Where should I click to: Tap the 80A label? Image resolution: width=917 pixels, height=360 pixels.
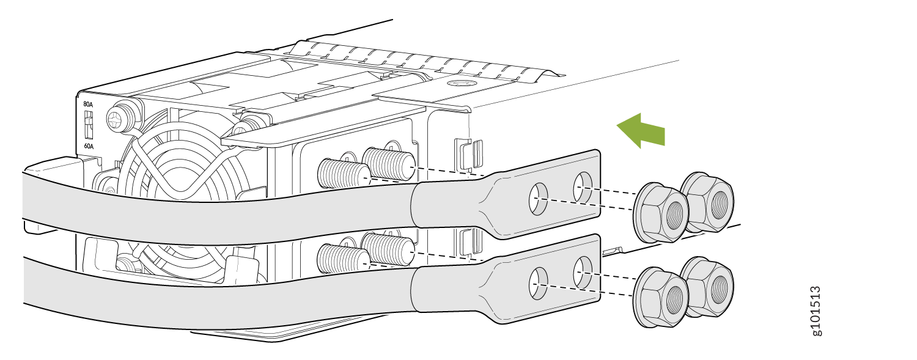tap(88, 105)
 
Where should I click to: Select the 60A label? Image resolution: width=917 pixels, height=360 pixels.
tap(89, 146)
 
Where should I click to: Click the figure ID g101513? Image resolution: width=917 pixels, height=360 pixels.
tap(816, 311)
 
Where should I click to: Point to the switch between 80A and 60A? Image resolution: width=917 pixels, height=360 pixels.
tap(87, 125)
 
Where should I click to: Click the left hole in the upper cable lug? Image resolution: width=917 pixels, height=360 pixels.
tap(539, 199)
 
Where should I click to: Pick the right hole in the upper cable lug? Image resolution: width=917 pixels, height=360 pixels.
tap(583, 188)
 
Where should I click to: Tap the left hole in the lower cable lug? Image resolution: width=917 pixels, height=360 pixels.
tap(539, 283)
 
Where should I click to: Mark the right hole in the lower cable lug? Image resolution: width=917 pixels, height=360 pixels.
tap(583, 272)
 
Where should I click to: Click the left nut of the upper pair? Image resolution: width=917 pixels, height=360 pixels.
tap(660, 212)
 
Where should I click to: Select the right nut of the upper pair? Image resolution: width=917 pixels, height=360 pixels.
tap(707, 202)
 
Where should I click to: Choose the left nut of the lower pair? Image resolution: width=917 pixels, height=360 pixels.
tap(660, 297)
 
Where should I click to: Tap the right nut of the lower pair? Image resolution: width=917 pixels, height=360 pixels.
tap(707, 287)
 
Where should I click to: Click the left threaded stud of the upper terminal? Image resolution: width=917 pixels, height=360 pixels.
tap(344, 174)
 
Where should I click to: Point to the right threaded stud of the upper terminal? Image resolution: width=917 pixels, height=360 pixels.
tap(388, 163)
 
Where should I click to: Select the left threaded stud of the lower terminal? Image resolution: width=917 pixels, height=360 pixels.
tap(344, 259)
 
